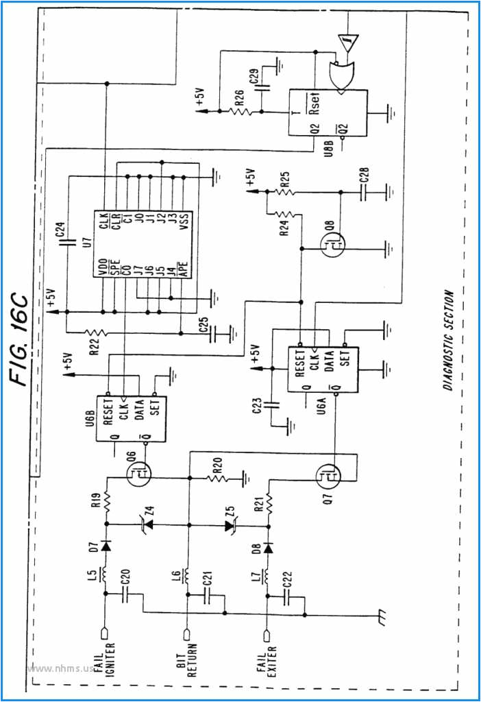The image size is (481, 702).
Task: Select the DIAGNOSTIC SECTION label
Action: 447,339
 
